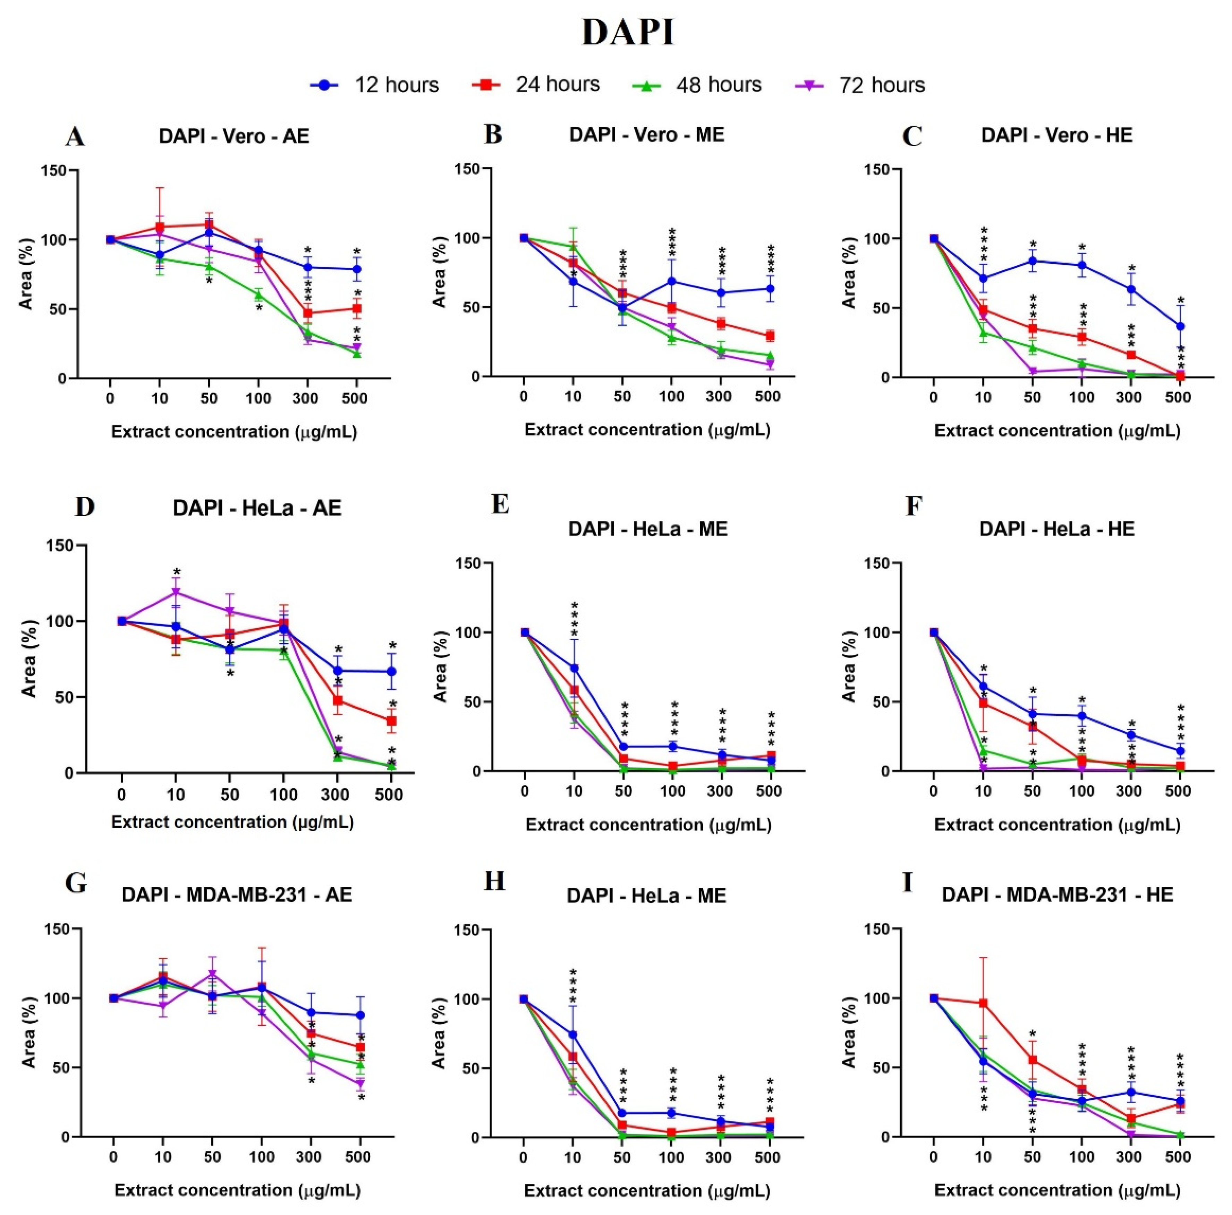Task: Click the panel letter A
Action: [x=75, y=136]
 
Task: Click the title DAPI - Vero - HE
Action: [x=1057, y=135]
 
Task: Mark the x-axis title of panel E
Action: [x=648, y=825]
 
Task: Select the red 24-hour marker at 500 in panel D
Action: [x=392, y=721]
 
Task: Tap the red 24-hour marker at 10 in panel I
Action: [x=983, y=1003]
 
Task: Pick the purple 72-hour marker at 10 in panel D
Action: [x=176, y=593]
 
